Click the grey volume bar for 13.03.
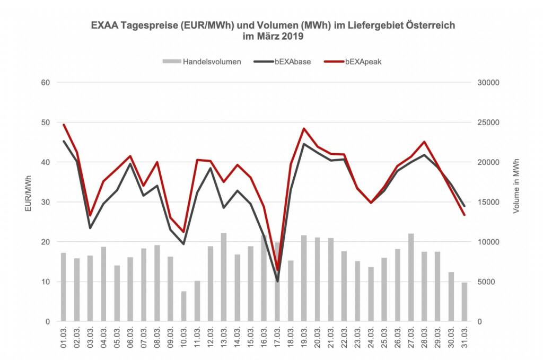223,277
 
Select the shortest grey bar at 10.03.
183,306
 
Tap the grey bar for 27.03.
411,277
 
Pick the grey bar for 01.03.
64,287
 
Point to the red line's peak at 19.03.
304,128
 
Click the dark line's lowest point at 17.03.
277,281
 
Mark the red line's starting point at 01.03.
64,125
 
